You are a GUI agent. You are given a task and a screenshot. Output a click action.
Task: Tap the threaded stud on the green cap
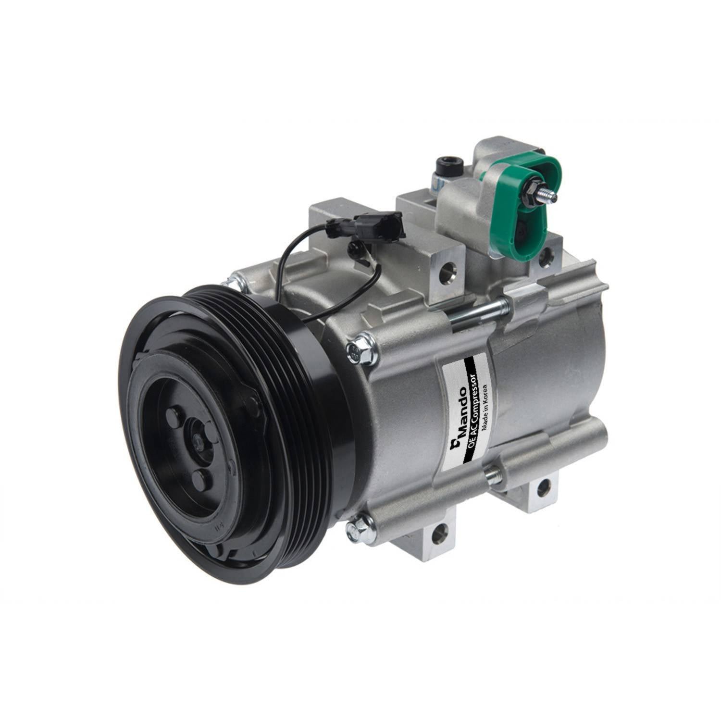click(x=545, y=194)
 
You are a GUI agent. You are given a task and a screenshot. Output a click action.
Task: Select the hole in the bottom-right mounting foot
click(x=543, y=487)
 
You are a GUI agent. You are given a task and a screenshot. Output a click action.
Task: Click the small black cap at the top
click(x=449, y=166)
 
